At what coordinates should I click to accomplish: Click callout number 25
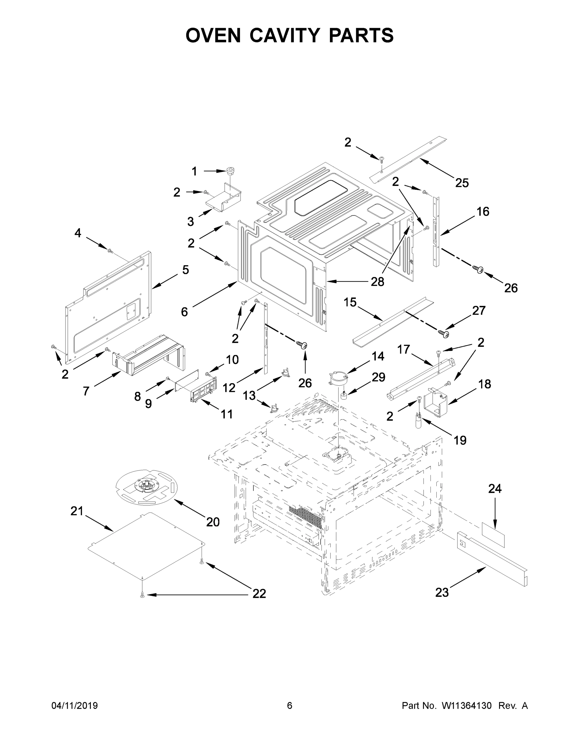coord(462,183)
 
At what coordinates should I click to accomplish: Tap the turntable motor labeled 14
coord(338,376)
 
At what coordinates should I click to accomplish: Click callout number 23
coord(442,592)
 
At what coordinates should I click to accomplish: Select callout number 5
coord(185,270)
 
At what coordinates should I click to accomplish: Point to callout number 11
coord(227,414)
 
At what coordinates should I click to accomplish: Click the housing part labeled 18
coord(436,402)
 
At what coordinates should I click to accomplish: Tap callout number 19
coord(460,440)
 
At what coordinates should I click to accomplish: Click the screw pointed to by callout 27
coord(444,333)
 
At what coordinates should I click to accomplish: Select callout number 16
coord(483,212)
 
